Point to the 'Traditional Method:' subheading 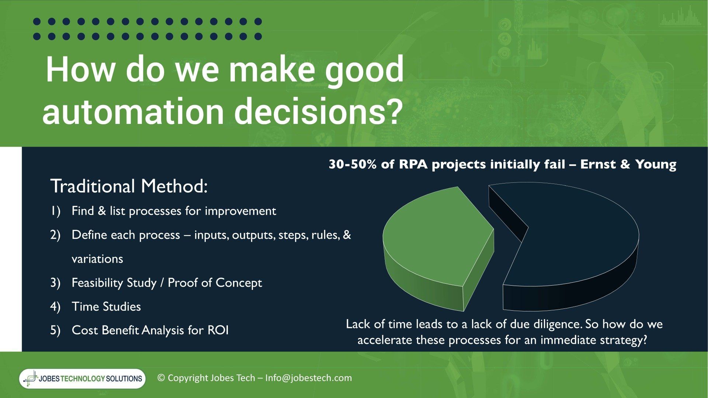129,186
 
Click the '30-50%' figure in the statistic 353,164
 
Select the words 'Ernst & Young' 628,164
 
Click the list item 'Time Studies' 106,307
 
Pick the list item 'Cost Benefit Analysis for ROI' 150,330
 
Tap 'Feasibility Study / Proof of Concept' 167,283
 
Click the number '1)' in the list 55,211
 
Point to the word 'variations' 97,259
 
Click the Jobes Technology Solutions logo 82,378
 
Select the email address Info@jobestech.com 309,378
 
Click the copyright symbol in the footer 161,378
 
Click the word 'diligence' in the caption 553,324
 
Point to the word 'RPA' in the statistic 413,164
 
